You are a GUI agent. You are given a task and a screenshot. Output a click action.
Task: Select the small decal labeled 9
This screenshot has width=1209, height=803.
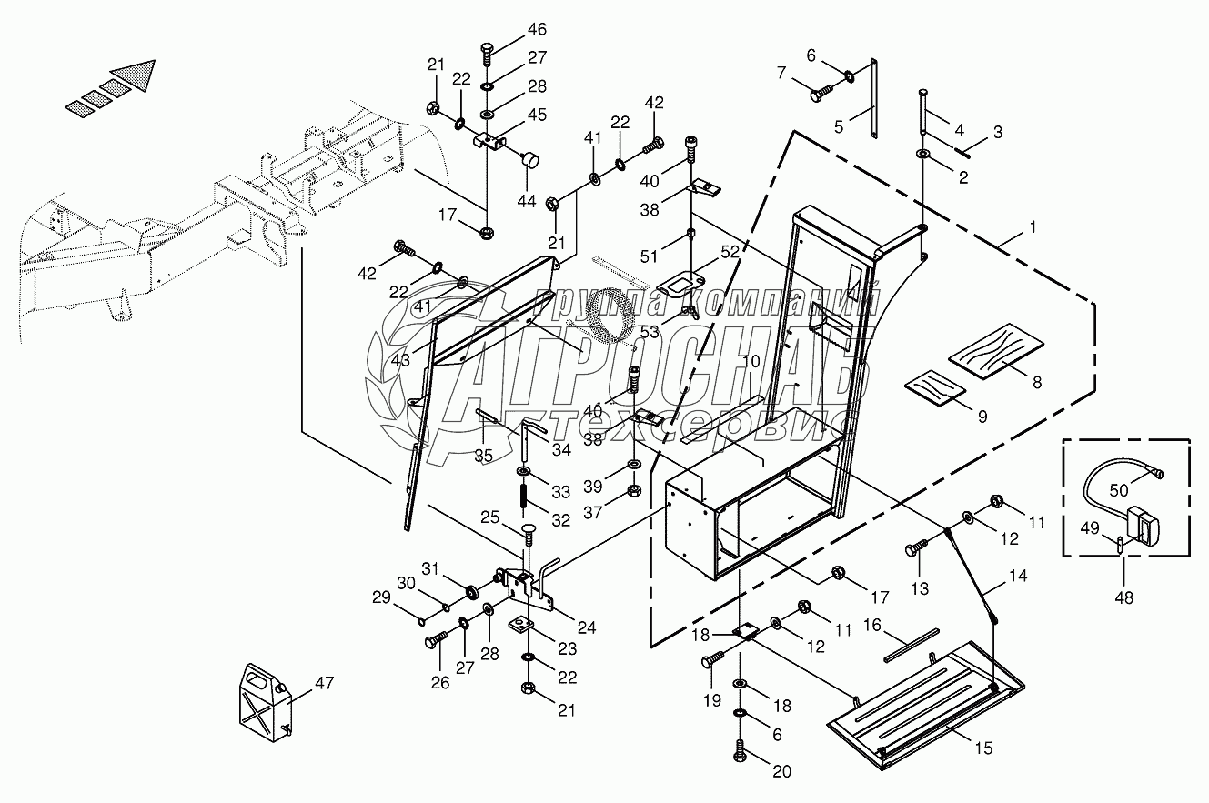coord(933,385)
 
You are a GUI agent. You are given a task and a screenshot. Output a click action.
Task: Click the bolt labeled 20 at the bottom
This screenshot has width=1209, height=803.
coord(739,752)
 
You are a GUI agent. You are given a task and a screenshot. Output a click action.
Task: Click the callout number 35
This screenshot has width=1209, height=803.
coord(484,454)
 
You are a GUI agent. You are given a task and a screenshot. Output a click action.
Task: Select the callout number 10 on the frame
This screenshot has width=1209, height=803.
coord(751,361)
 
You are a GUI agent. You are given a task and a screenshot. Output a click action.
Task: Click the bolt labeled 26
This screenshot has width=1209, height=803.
coord(433,641)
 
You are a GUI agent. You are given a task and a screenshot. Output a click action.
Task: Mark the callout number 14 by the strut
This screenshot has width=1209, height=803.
coord(1017,576)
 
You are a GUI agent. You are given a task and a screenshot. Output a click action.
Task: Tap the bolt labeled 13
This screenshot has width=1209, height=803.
coord(915,549)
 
